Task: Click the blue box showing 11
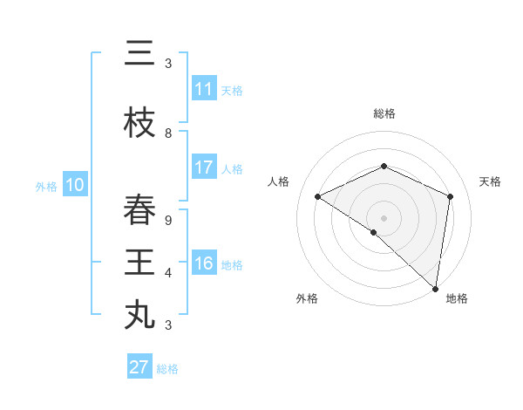pos(203,89)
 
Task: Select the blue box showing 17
pos(203,167)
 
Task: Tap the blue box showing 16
pos(203,263)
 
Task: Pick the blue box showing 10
pos(74,185)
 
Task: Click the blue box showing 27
pos(139,367)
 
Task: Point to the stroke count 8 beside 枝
pos(168,133)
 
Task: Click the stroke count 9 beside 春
pos(168,220)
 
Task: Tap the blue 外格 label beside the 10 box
pos(46,186)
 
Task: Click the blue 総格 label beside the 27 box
pos(167,369)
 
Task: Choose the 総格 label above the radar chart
pos(384,113)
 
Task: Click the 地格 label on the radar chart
pos(457,298)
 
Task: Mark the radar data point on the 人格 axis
pos(317,196)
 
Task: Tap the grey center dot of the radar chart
pos(384,217)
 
